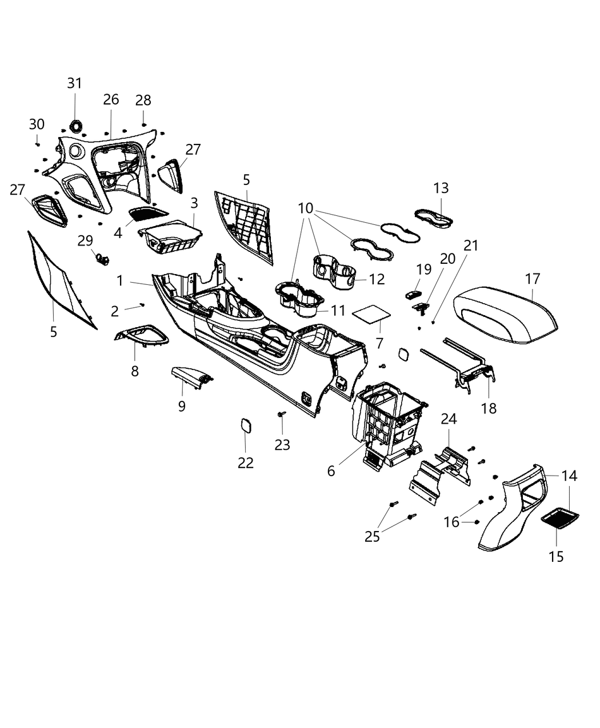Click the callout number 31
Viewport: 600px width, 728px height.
(x=74, y=83)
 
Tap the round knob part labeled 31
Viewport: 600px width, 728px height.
(x=75, y=125)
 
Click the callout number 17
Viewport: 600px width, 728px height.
(x=532, y=279)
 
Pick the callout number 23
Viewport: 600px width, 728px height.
(x=282, y=445)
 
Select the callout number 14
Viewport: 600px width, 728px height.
(x=569, y=476)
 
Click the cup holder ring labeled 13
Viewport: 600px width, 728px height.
(x=434, y=219)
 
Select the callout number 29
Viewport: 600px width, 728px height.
(x=85, y=240)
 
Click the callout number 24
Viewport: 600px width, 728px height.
(x=449, y=419)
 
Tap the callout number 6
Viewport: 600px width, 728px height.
(x=331, y=470)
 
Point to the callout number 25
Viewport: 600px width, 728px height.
(x=372, y=537)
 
